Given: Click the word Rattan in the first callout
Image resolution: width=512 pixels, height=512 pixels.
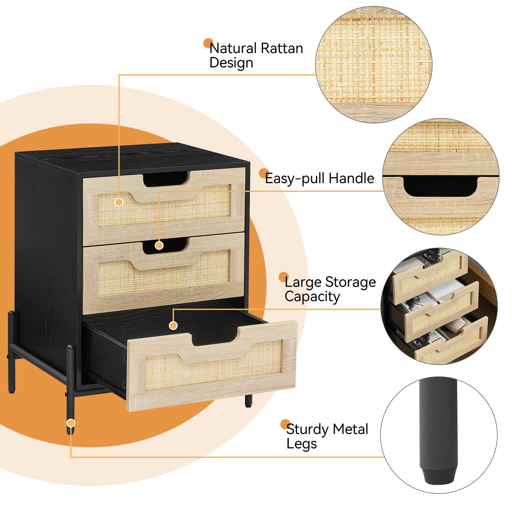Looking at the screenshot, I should (x=282, y=48).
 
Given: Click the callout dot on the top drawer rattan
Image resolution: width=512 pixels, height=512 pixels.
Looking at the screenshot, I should (x=119, y=202).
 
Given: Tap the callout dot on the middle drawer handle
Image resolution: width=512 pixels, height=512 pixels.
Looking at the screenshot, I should (x=159, y=246).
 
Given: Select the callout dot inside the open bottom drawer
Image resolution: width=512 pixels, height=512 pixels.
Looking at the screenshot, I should (x=173, y=325).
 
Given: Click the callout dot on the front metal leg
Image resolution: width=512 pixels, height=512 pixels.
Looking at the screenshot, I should (x=71, y=423).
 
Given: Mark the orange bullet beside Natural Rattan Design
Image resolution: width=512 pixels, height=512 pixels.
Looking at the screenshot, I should (x=208, y=44).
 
